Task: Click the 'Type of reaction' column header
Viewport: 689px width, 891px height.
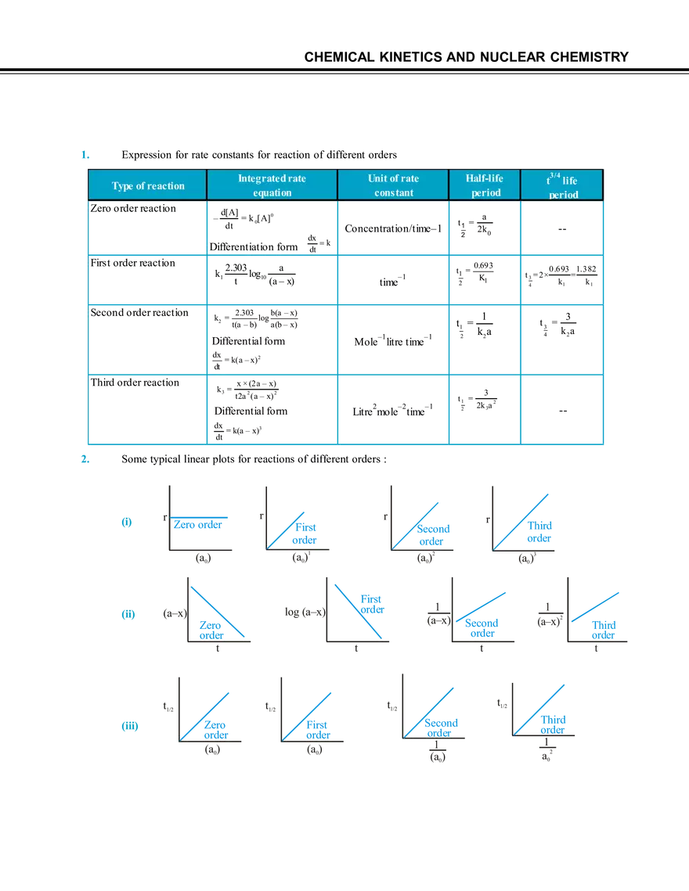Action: pos(148,185)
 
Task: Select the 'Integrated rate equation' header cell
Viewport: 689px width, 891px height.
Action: pos(272,185)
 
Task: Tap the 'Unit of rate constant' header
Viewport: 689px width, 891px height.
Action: pos(393,185)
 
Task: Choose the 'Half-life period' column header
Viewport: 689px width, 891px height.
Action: pos(485,185)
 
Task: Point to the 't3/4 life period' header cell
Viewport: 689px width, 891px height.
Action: pos(561,186)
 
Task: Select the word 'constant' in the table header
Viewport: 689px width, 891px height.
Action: pos(393,192)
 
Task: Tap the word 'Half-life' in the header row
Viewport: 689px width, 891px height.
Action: pos(485,178)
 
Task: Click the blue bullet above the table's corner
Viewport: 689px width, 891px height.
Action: pos(82,155)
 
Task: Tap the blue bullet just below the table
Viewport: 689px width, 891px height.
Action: pos(82,458)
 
